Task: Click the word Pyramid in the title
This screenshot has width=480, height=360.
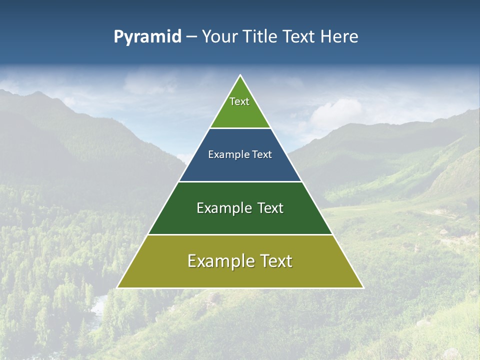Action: tap(147, 37)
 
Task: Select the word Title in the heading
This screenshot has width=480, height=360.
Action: tap(261, 37)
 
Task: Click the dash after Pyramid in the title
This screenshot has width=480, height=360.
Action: tap(191, 37)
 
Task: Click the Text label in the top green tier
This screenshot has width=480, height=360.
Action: tap(239, 101)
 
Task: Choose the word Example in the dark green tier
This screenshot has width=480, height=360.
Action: tap(223, 208)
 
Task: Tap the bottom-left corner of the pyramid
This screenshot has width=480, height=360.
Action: tap(117, 287)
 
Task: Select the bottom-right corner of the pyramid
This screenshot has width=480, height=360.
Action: tap(363, 287)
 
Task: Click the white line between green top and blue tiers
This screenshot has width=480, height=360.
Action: tap(240, 128)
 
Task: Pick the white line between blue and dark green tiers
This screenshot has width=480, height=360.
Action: tap(240, 181)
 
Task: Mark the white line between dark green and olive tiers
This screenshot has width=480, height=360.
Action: tap(240, 234)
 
